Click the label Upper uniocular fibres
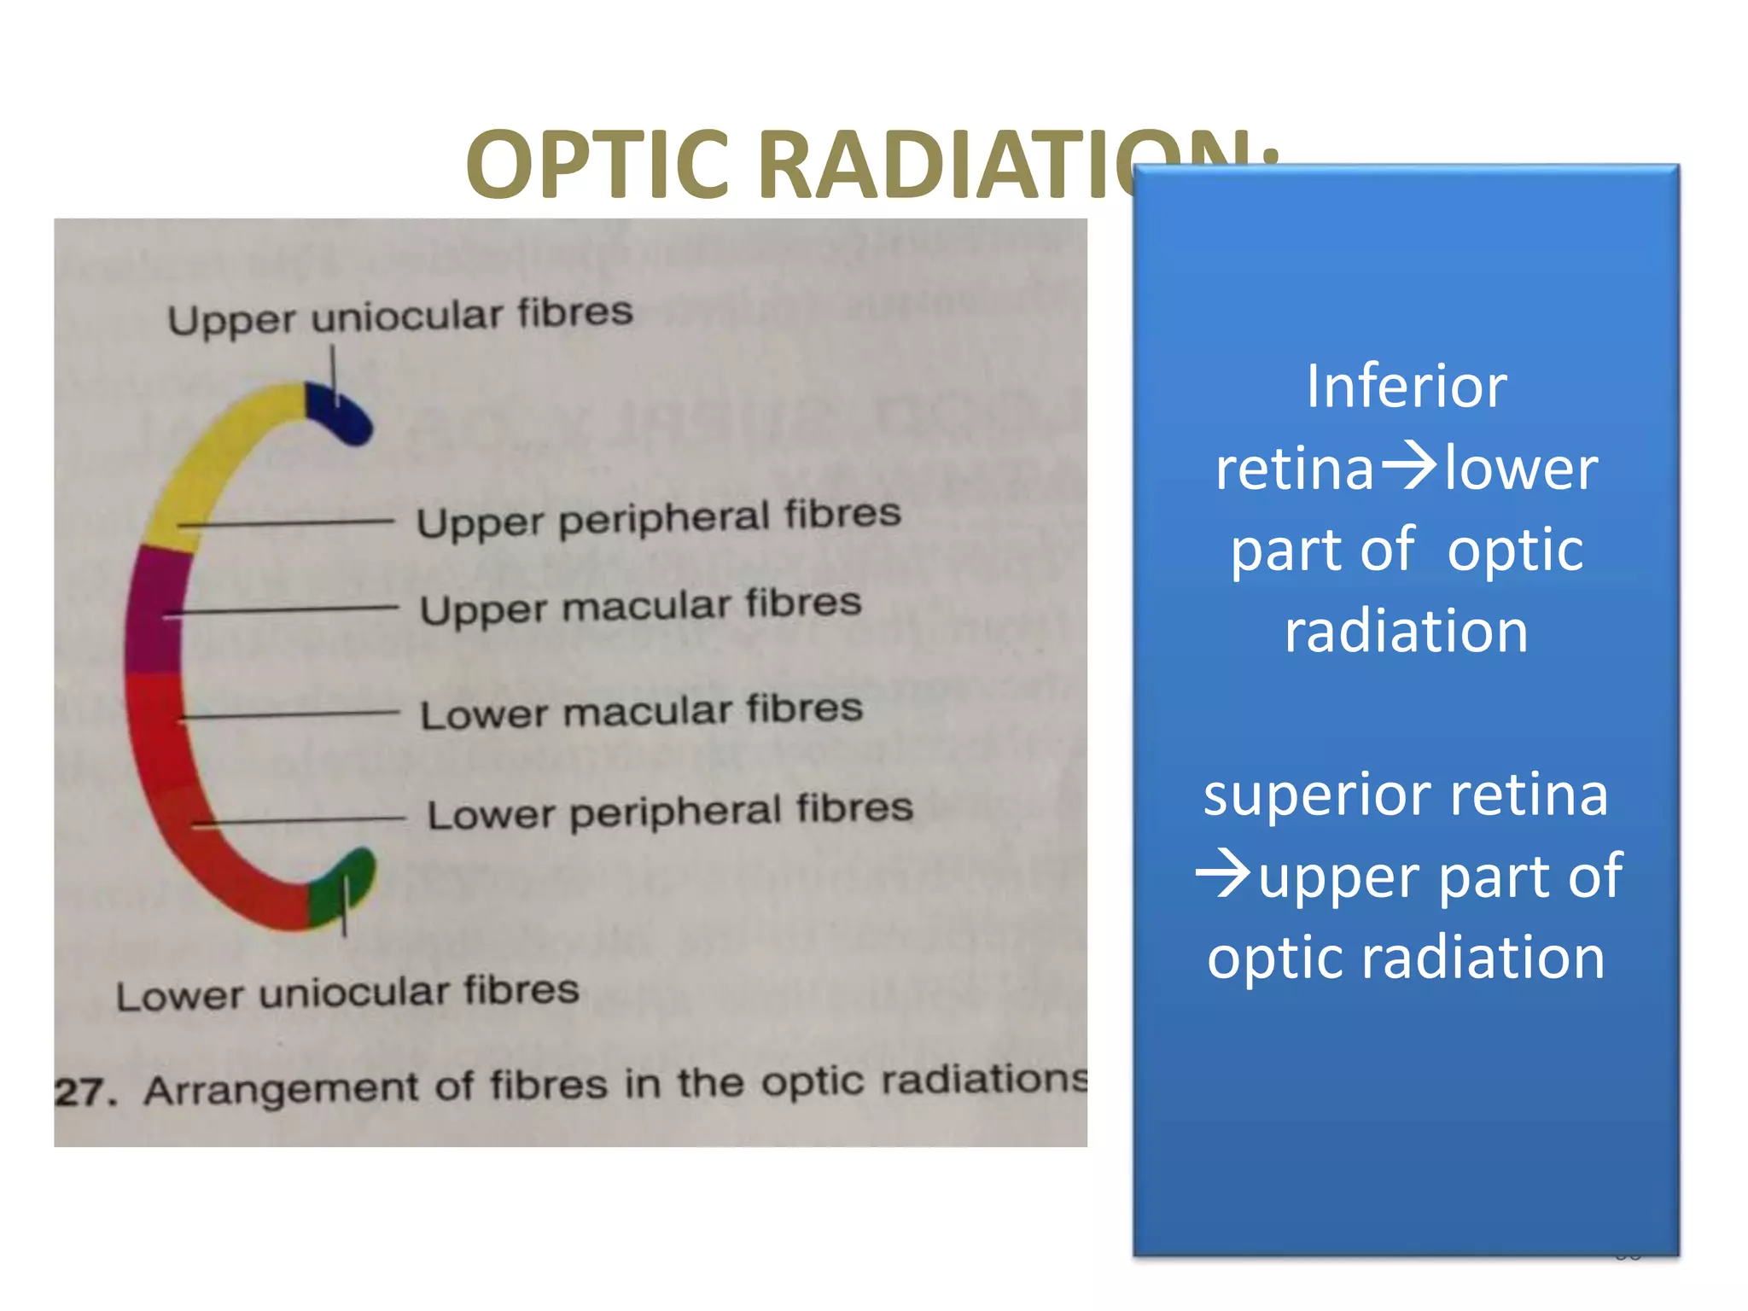[x=399, y=316]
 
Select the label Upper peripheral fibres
[x=658, y=517]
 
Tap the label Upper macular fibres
[x=640, y=606]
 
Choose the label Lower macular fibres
[x=641, y=711]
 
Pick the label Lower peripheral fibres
[x=670, y=811]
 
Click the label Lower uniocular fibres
[x=347, y=993]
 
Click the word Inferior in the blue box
[x=1406, y=387]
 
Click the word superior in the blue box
[x=1320, y=794]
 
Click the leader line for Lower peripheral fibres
[x=299, y=821]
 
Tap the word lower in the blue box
[x=1522, y=469]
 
